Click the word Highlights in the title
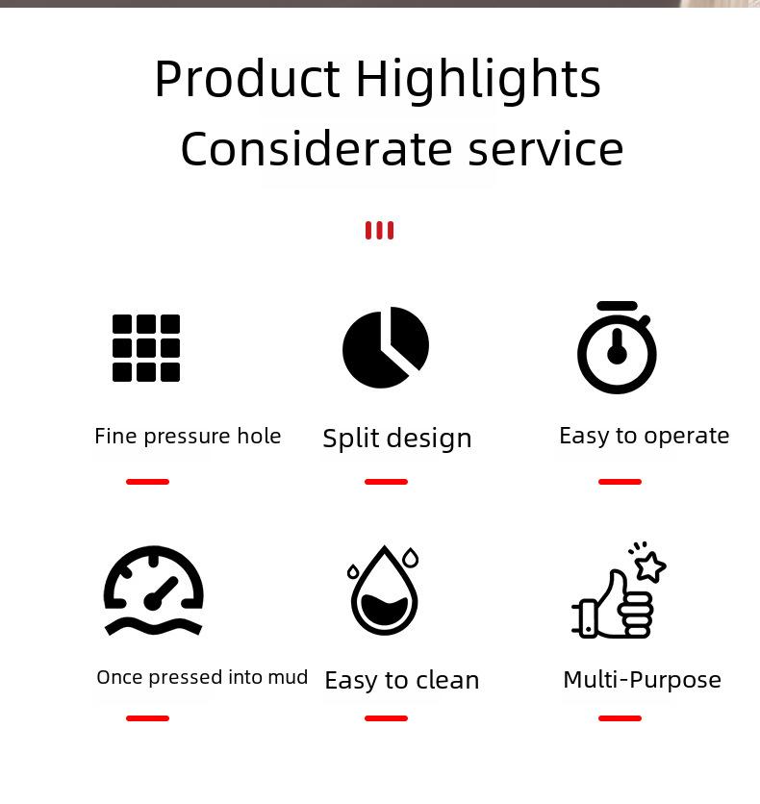pos(478,79)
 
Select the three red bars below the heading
pos(379,230)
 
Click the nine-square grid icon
pos(146,348)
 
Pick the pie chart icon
pos(386,347)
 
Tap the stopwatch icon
pos(617,347)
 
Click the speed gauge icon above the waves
pos(154,578)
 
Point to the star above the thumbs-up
pos(650,566)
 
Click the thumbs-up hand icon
pos(613,605)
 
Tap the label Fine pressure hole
pos(188,437)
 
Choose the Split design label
pos(397,439)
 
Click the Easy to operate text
pos(645,437)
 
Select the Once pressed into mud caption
pos(202,677)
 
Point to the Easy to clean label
pos(402,681)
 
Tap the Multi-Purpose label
pos(642,680)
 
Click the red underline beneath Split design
pos(386,482)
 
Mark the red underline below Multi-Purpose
pos(620,718)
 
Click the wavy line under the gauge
pos(154,627)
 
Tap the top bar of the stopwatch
pos(618,306)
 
